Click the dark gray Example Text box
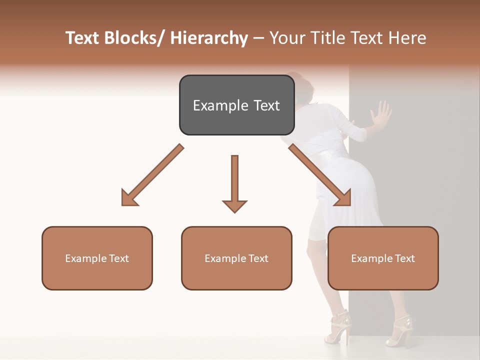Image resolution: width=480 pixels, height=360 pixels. point(236,105)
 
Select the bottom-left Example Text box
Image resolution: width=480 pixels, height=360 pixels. point(97,258)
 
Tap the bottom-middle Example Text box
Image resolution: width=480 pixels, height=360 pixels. point(236,258)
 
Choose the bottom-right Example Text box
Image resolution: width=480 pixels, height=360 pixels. point(383,258)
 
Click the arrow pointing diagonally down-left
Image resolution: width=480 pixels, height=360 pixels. point(152,175)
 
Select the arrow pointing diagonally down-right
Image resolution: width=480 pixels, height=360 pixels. point(320,175)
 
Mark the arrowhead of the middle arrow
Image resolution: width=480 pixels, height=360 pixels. point(234,205)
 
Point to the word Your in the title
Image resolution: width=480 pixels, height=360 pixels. point(286,38)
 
